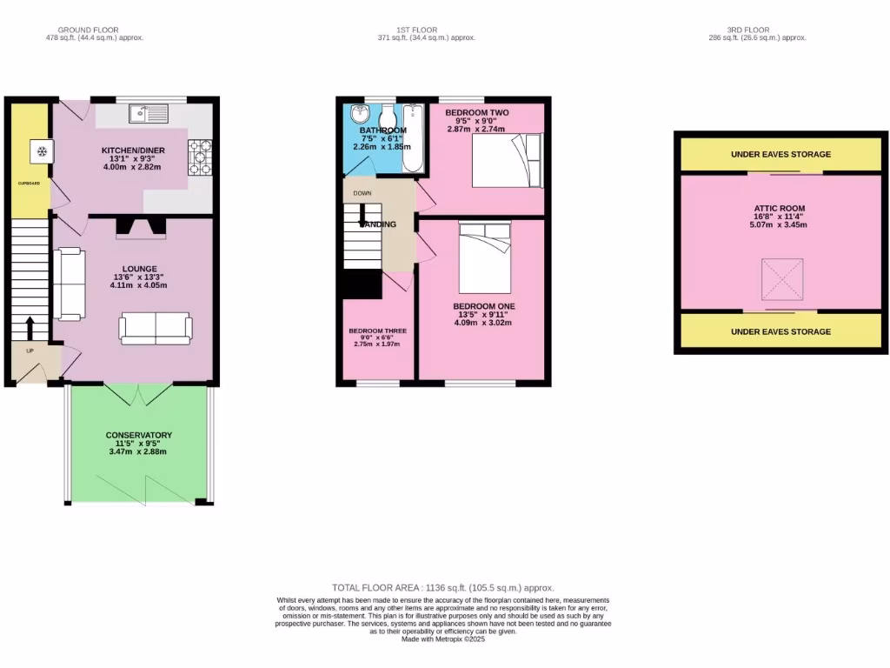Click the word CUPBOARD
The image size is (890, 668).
[30, 184]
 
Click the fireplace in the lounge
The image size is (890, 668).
[141, 227]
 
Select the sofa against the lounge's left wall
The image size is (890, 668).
[69, 283]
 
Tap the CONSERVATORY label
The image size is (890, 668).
[139, 435]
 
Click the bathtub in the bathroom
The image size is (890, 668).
[413, 138]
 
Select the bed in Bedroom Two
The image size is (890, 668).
[506, 160]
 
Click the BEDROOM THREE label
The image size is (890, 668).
[377, 331]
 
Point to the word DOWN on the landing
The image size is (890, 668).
[362, 194]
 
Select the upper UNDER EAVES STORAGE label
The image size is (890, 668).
[780, 155]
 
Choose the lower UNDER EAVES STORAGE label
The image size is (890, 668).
[780, 331]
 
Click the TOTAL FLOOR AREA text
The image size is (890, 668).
[443, 588]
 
